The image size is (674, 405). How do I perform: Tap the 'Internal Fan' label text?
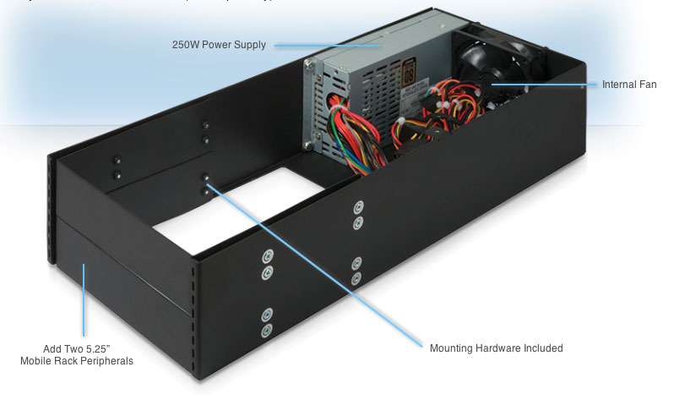[x=628, y=85]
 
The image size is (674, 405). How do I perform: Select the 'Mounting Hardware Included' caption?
[x=496, y=348]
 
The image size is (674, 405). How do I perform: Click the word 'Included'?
[x=543, y=348]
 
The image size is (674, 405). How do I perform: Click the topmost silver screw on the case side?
[x=358, y=207]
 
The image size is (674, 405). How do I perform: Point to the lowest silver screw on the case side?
[x=268, y=330]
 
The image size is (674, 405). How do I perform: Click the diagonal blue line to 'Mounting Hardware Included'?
[x=313, y=262]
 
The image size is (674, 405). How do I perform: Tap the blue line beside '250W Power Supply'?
[x=325, y=45]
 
